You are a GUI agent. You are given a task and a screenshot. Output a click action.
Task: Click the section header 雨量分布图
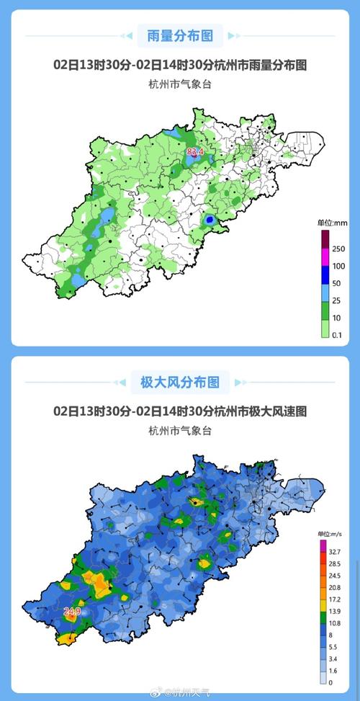click(x=180, y=35)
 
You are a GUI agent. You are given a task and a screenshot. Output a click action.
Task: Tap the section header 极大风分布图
click(x=180, y=381)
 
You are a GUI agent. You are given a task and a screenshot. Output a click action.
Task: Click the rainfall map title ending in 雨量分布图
click(x=180, y=65)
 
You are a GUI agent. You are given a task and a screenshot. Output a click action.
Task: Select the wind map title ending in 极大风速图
click(x=180, y=411)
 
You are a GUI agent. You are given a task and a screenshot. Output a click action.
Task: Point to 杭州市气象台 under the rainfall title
click(x=180, y=85)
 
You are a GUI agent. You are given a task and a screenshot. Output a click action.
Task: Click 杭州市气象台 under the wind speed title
click(x=180, y=431)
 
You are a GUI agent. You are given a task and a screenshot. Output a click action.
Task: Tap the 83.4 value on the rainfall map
click(x=194, y=152)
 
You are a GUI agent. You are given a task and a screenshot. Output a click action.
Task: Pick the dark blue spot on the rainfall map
click(x=210, y=219)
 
